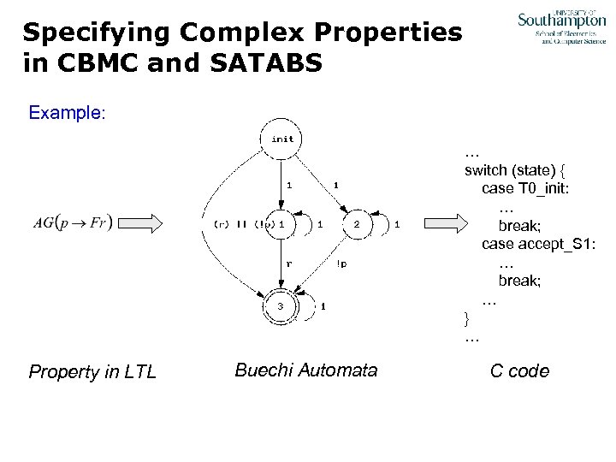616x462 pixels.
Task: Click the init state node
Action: click(282, 139)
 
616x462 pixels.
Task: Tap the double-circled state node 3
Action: click(280, 305)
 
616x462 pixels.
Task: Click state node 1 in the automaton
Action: click(281, 224)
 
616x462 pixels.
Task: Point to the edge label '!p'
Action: click(341, 264)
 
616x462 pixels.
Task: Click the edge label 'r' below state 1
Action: click(288, 264)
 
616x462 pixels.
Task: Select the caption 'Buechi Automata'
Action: click(305, 370)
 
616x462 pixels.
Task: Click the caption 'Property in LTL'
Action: click(92, 372)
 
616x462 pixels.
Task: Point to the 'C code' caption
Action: click(519, 371)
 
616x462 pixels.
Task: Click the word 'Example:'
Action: click(67, 112)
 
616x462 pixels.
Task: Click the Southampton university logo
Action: click(561, 27)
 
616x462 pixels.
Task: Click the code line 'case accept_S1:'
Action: click(538, 245)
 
